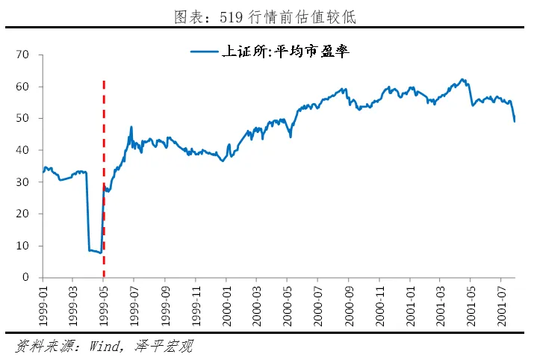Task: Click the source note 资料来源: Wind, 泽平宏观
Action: point(105,347)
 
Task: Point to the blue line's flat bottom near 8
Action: point(94,251)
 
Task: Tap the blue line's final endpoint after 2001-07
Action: point(515,121)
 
